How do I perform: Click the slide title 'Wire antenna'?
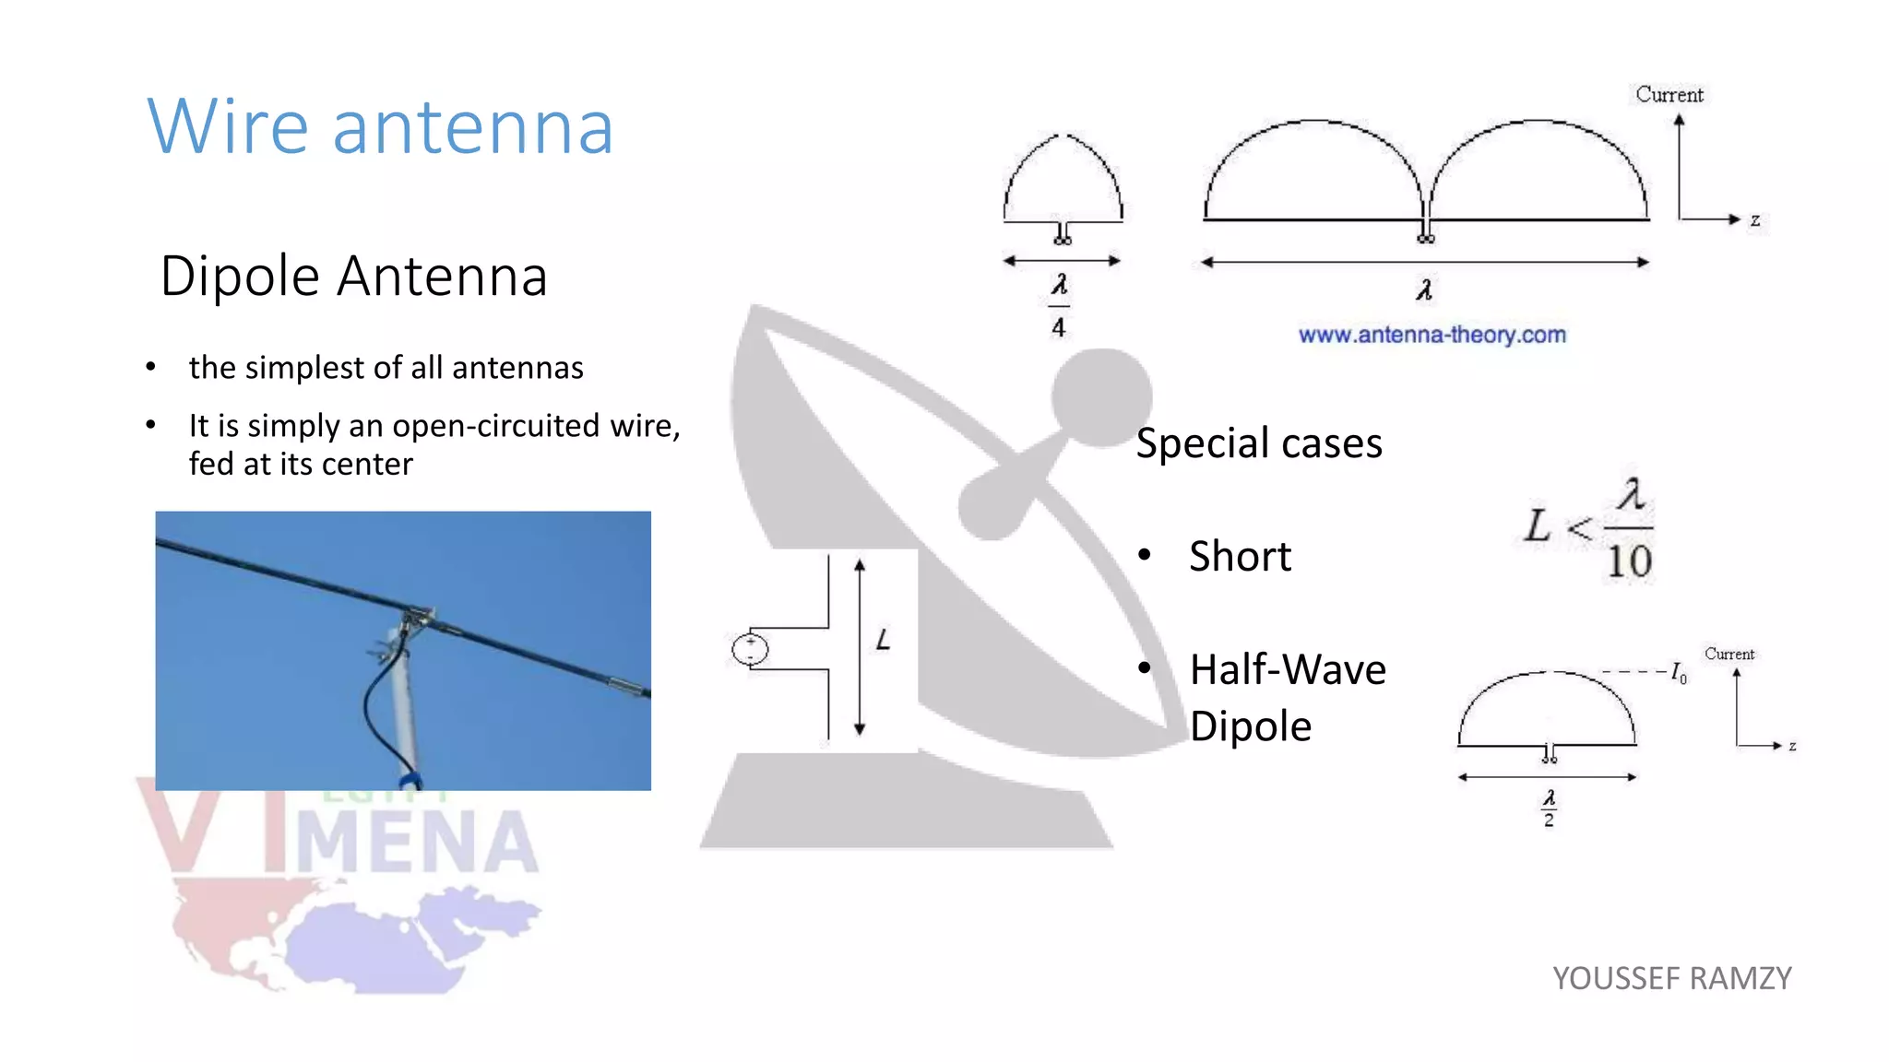click(x=380, y=126)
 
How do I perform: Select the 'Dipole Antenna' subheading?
click(x=354, y=276)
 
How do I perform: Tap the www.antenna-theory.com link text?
click(x=1432, y=335)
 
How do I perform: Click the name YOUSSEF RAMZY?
click(x=1671, y=978)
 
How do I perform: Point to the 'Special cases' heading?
click(x=1259, y=443)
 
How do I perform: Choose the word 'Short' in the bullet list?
click(x=1240, y=557)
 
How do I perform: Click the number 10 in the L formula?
click(x=1629, y=561)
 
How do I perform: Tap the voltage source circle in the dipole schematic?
click(x=750, y=650)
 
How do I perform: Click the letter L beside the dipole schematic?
click(x=884, y=640)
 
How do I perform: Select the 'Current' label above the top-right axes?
click(x=1669, y=94)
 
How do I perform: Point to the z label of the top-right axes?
click(x=1755, y=220)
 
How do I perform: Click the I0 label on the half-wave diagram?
click(x=1679, y=674)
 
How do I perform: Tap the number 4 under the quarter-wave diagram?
click(x=1059, y=327)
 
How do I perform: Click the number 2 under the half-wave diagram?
click(x=1549, y=820)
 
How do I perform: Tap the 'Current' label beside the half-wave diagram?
click(x=1729, y=654)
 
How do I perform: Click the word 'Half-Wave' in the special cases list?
click(x=1288, y=670)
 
